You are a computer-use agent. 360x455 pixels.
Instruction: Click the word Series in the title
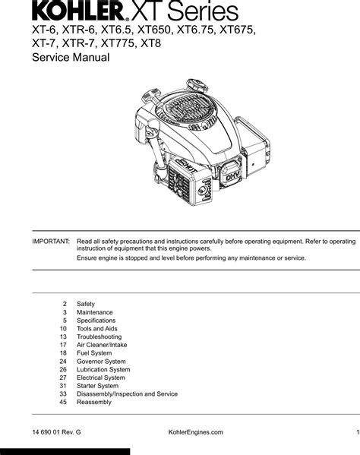click(203, 11)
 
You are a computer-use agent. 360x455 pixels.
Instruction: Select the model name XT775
click(118, 43)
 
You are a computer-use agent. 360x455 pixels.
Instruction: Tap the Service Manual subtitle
click(71, 57)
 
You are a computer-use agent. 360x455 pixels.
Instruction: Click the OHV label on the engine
click(232, 176)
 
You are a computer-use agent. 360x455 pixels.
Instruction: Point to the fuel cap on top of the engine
click(197, 86)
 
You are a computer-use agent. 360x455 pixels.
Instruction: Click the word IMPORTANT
click(51, 242)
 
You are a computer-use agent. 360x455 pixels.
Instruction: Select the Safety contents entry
click(86, 304)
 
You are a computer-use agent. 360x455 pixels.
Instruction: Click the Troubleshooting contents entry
click(99, 337)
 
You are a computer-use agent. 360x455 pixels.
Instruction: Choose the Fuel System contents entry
click(94, 353)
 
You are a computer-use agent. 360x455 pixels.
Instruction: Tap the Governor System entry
click(101, 362)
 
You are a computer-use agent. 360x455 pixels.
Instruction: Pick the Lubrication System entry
click(103, 369)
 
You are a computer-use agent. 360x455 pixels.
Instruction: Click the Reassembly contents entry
click(94, 402)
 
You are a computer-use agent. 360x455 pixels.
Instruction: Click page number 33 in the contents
click(63, 393)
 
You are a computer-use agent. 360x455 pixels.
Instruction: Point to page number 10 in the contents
click(63, 328)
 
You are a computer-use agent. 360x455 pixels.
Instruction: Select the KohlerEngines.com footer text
click(195, 432)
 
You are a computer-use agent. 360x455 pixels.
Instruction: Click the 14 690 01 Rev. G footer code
click(56, 432)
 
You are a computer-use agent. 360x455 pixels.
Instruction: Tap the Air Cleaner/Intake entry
click(102, 345)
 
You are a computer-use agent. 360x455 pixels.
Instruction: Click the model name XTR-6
click(78, 30)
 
